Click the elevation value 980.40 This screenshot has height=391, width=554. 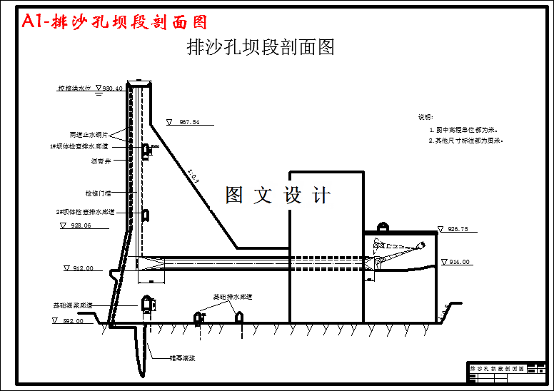coord(113,89)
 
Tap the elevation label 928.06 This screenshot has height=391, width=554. coord(81,225)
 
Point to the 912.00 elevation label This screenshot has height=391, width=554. coord(83,268)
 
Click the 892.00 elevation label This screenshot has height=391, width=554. coord(73,321)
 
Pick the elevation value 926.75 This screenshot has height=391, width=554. coord(458,230)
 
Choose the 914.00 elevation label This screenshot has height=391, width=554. coord(460,263)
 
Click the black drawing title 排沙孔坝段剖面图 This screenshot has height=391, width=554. coord(261,48)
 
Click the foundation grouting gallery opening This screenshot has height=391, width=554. coord(147,303)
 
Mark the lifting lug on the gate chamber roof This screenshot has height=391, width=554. coord(382,227)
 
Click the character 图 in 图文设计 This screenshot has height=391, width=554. coord(235,195)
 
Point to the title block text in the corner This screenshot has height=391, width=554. coord(498,369)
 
